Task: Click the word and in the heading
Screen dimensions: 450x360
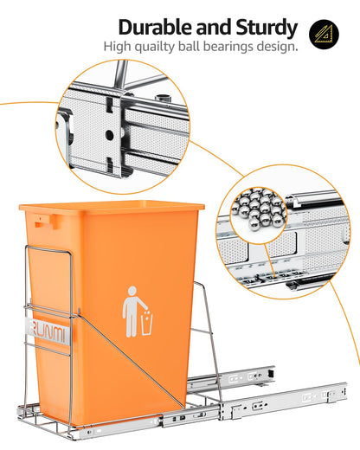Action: [210, 27]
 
